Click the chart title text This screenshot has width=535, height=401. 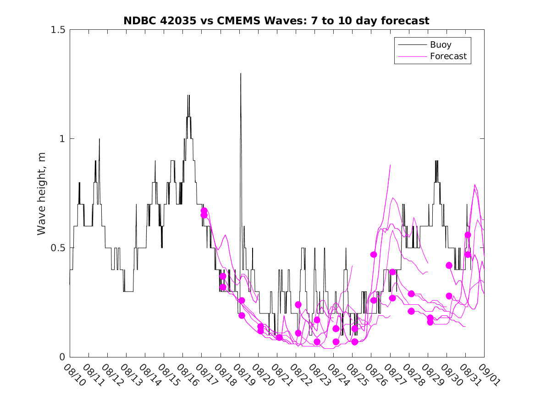coord(276,21)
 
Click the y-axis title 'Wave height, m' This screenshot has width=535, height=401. coord(42,193)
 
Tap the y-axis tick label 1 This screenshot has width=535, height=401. coord(62,139)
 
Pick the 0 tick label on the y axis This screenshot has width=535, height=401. coord(62,357)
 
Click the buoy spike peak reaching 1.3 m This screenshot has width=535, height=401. coord(241,74)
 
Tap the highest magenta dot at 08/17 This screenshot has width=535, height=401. coord(204,211)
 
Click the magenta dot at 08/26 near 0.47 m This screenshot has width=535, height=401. coord(374,254)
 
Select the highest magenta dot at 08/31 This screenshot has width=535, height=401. coord(468,235)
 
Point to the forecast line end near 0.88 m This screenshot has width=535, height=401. coord(390,165)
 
